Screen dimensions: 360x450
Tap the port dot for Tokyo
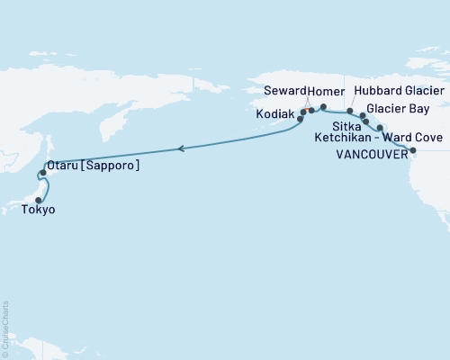tap(39, 201)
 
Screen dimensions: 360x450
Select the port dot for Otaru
tap(43, 172)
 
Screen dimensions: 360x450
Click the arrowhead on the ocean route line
tap(182, 148)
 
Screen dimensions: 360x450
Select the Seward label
tap(286, 92)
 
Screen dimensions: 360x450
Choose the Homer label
tap(325, 92)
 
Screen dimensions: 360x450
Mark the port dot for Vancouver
tap(413, 150)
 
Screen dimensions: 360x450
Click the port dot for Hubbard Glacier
tap(350, 111)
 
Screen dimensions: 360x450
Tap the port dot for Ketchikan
tap(380, 129)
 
